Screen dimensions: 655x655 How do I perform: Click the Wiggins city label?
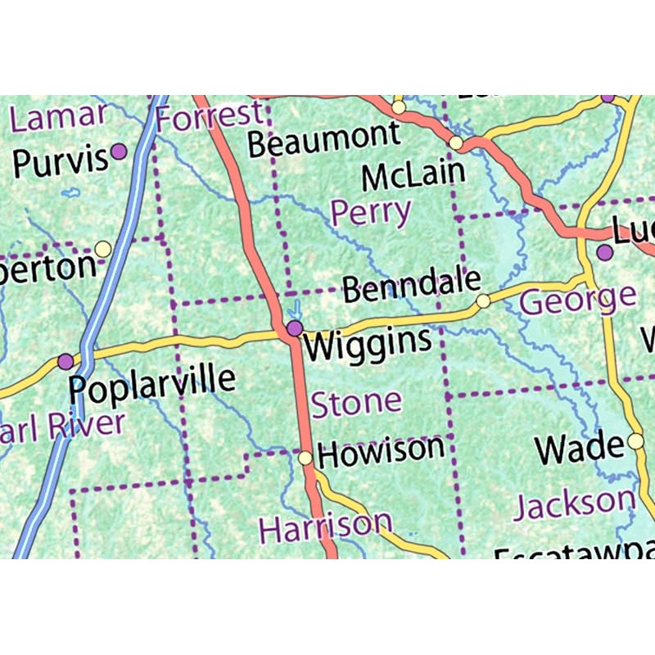[x=368, y=343]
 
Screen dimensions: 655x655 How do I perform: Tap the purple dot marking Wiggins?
[x=295, y=328]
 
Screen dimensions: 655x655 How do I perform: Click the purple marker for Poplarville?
[x=65, y=361]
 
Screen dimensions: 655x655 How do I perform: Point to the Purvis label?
[x=60, y=161]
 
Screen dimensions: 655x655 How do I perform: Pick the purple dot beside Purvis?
[x=119, y=151]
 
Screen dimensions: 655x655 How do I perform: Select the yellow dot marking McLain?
[x=456, y=144]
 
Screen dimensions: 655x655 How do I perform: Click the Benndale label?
[x=411, y=286]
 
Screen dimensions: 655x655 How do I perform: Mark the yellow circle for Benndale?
[x=483, y=300]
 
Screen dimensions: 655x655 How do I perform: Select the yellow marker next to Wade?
[x=636, y=442]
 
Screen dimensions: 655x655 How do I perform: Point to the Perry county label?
[x=370, y=213]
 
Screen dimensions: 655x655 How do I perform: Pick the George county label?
[x=578, y=298]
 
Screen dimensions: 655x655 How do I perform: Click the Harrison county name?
[x=325, y=526]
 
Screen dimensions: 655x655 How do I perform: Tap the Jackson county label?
[x=574, y=504]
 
